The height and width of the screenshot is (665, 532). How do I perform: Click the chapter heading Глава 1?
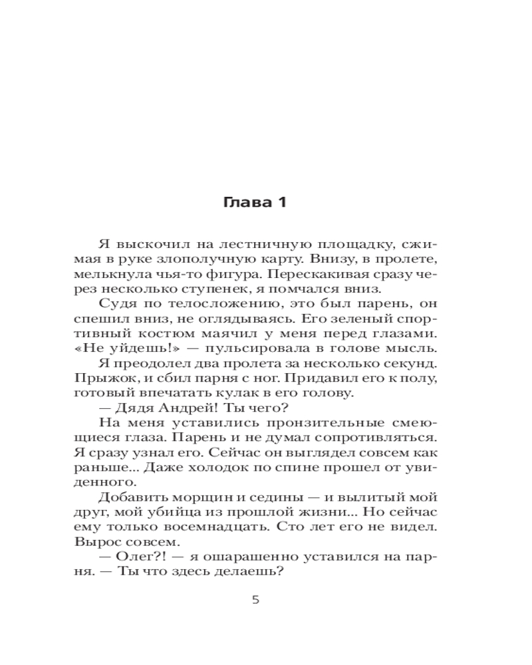(255, 203)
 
